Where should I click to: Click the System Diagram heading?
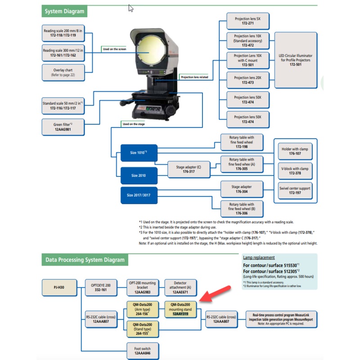(63, 11)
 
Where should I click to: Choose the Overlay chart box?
(62, 72)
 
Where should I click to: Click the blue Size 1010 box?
(139, 153)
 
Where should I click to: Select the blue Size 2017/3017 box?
(139, 195)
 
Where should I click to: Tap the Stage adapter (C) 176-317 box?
(189, 170)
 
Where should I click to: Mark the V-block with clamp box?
(295, 171)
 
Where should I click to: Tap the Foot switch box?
(142, 351)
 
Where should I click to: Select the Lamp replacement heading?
(259, 257)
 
